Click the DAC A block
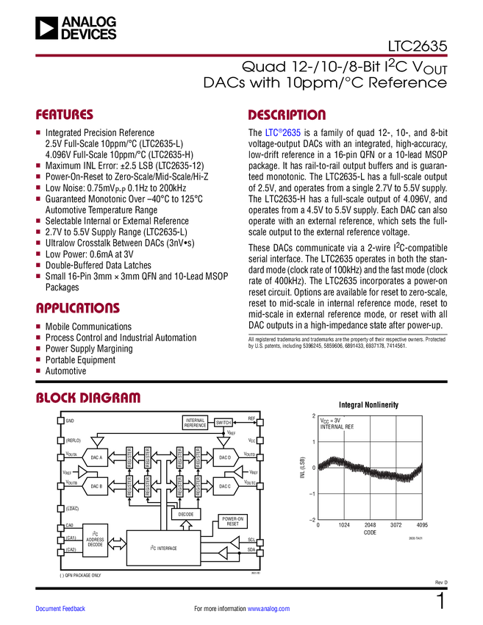[96, 457]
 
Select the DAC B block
[96, 486]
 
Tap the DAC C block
[224, 486]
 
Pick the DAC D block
[224, 457]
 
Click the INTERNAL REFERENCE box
[196, 423]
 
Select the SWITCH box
[223, 422]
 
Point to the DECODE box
[185, 514]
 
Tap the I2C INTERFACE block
[164, 548]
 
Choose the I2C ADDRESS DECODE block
[95, 540]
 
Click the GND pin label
[70, 421]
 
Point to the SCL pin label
[251, 540]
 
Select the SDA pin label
[251, 549]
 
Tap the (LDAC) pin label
[72, 509]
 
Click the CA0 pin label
[69, 526]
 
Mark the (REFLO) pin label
[74, 440]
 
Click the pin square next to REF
[259, 422]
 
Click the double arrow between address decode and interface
[117, 543]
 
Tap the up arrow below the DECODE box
[185, 524]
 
